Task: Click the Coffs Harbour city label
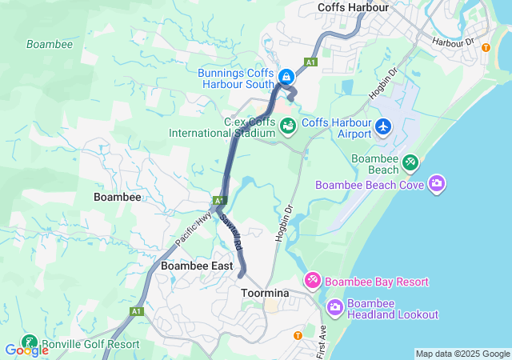(x=353, y=7)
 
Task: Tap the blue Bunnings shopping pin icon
(x=286, y=77)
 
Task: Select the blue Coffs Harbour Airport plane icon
(x=384, y=126)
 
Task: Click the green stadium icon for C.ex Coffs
(x=287, y=126)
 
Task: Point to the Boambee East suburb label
(x=197, y=266)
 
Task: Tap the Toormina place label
(x=265, y=294)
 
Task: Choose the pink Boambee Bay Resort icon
(x=313, y=280)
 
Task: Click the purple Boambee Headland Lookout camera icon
(x=335, y=306)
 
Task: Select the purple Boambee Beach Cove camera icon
(x=437, y=184)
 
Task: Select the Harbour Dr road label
(x=453, y=41)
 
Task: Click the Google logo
(x=26, y=350)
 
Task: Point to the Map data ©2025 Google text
(x=462, y=354)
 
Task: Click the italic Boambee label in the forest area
(x=50, y=44)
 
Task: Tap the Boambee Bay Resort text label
(x=378, y=282)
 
